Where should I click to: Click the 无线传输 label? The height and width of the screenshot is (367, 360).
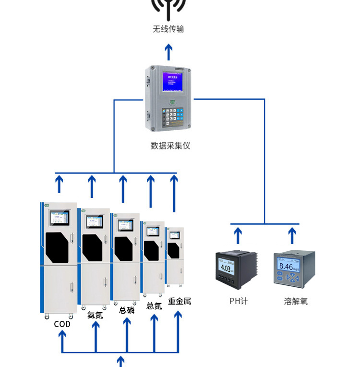(x=168, y=29)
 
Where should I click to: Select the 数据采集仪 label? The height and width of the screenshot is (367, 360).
(x=170, y=145)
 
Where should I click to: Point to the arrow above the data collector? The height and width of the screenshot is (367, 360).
(x=168, y=52)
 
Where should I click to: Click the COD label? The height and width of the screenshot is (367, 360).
(x=62, y=324)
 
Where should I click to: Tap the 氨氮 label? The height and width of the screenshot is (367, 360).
(x=95, y=315)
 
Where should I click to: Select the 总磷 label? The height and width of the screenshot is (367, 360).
(x=127, y=310)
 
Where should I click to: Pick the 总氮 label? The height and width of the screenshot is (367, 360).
(x=154, y=306)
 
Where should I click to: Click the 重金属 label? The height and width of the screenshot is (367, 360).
(x=180, y=301)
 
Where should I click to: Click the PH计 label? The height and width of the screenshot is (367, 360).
(x=238, y=301)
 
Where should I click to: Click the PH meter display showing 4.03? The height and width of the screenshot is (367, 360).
(x=227, y=268)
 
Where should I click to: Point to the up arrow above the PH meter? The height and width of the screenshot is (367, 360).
(x=238, y=235)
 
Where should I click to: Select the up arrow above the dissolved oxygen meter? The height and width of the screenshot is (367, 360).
(x=292, y=235)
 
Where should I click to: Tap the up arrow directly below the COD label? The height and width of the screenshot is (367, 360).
(x=62, y=341)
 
